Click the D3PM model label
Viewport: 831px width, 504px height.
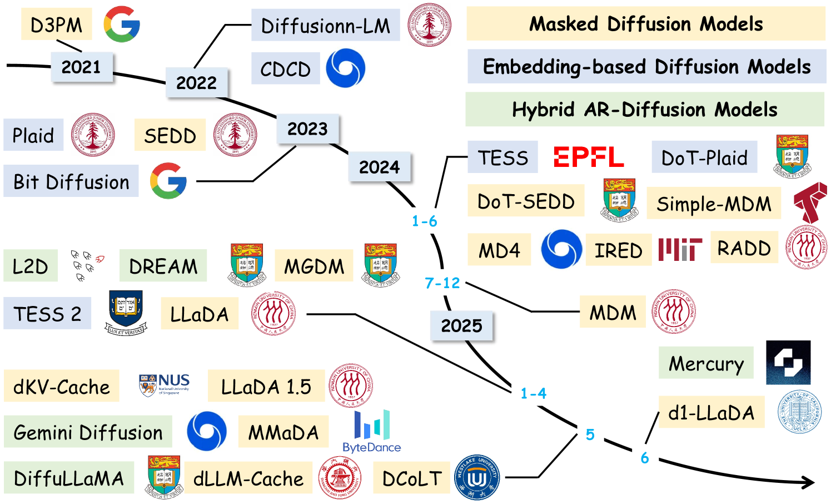tap(56, 25)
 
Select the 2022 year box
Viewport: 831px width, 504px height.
tap(196, 82)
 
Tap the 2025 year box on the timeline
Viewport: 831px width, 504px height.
tap(461, 325)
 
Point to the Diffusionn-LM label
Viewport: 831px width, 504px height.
tap(325, 26)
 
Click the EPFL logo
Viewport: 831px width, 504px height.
tap(589, 157)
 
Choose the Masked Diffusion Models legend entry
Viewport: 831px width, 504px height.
tap(645, 24)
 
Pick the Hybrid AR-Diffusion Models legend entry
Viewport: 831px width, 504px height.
tap(644, 110)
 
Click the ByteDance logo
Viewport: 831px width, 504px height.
tap(372, 432)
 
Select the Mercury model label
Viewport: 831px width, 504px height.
tap(706, 363)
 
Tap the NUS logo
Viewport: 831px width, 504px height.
tap(164, 384)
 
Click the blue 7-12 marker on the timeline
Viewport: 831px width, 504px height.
tap(442, 283)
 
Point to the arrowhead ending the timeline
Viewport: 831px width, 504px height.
tap(809, 483)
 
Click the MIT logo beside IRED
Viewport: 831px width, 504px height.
tap(680, 250)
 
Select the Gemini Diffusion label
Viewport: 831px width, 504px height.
tap(88, 432)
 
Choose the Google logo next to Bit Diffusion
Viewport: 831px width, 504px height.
tap(168, 181)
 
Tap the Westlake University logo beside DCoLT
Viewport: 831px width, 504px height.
tap(477, 477)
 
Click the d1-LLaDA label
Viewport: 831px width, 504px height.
tap(711, 413)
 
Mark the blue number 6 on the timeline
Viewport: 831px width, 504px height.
tap(645, 458)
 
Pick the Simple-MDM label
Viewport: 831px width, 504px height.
tap(714, 204)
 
